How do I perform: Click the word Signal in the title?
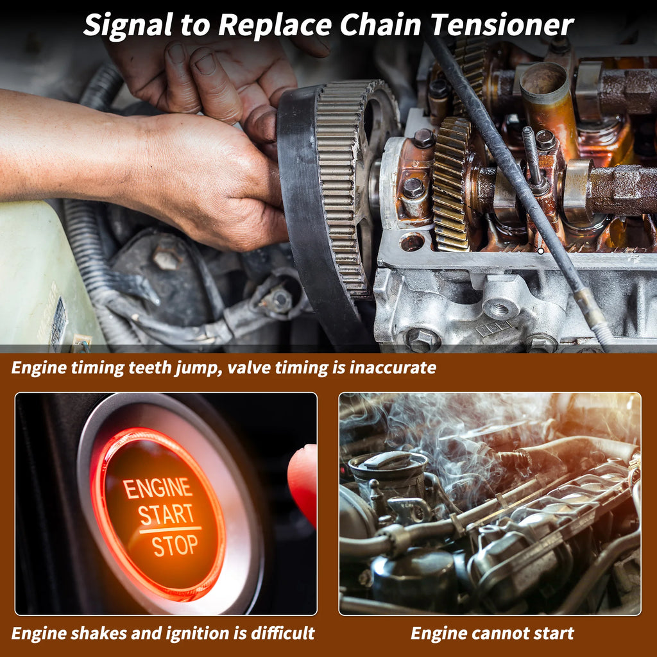click(x=128, y=26)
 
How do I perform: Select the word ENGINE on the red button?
click(x=157, y=488)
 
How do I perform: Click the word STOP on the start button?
click(x=175, y=545)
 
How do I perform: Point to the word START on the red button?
click(x=166, y=515)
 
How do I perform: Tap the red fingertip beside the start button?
click(x=303, y=482)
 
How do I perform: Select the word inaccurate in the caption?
click(x=393, y=368)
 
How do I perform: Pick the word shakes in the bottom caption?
click(x=98, y=633)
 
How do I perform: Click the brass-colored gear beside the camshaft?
click(x=451, y=184)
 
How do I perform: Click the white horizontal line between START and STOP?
click(x=170, y=530)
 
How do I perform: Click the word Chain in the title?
click(x=380, y=25)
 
